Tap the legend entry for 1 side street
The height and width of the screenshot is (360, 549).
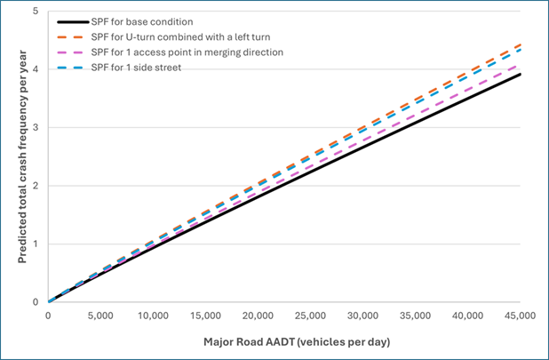point(141,68)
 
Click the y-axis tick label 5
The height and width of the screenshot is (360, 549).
point(35,12)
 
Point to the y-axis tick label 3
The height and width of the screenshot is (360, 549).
point(35,128)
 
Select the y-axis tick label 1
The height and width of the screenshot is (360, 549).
point(35,244)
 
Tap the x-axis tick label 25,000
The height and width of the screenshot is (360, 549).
point(310,316)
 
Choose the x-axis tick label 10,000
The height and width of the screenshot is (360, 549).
point(153,316)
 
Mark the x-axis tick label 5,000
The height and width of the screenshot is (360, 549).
point(100,316)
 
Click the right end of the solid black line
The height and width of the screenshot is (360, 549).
point(520,75)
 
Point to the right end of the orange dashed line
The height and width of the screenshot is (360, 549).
point(520,44)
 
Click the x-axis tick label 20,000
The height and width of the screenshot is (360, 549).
point(258,316)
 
